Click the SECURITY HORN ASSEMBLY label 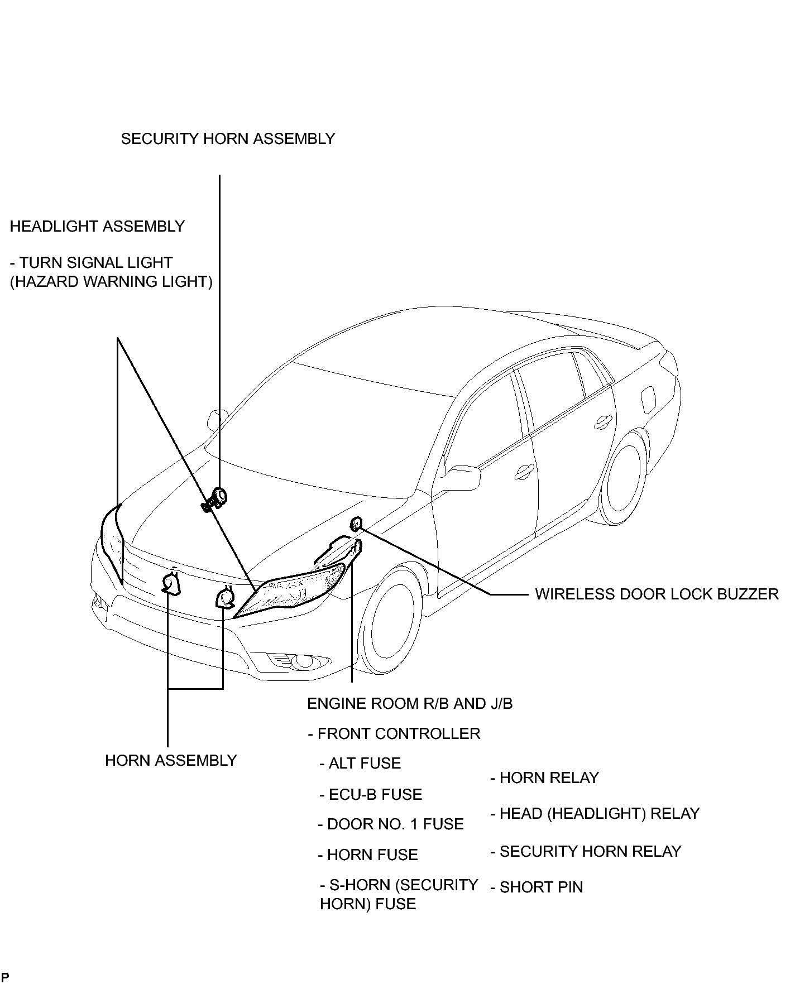228,138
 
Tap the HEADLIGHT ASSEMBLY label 97,226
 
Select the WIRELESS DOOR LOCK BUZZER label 657,594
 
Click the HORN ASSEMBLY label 171,760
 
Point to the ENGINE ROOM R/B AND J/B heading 410,703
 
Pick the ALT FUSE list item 360,763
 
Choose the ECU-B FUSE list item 371,794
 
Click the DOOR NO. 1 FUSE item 391,824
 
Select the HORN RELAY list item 544,777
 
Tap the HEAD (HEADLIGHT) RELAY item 595,813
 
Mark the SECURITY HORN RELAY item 586,851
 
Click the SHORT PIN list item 537,887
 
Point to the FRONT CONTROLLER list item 394,733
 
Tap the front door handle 523,472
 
